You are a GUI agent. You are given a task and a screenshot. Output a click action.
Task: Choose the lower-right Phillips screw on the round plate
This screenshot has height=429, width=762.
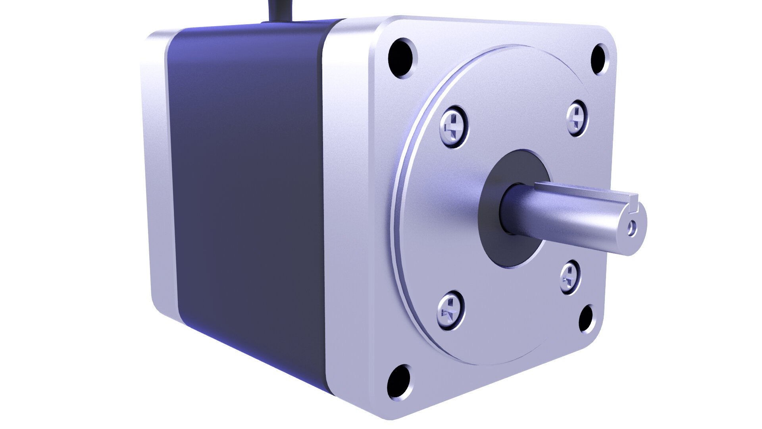pos(570,277)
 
